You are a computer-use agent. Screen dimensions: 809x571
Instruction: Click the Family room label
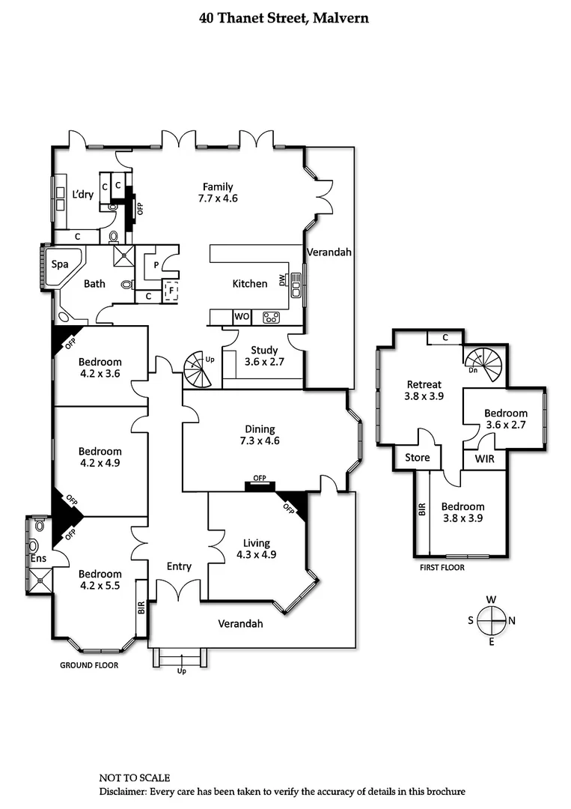pyautogui.click(x=217, y=187)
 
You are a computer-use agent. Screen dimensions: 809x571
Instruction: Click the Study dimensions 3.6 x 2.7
pyautogui.click(x=264, y=362)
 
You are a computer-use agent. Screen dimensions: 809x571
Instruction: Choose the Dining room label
pyautogui.click(x=259, y=429)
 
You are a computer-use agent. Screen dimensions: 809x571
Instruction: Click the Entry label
pyautogui.click(x=179, y=566)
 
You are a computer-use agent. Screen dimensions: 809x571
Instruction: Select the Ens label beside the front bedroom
pyautogui.click(x=37, y=558)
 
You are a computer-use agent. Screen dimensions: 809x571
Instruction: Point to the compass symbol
pyautogui.click(x=491, y=620)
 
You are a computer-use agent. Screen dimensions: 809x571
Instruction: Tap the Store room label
pyautogui.click(x=417, y=457)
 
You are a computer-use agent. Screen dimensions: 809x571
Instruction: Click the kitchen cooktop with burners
pyautogui.click(x=271, y=318)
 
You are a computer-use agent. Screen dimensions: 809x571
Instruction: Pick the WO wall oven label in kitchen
pyautogui.click(x=242, y=317)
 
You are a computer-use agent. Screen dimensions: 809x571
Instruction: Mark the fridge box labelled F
pyautogui.click(x=171, y=290)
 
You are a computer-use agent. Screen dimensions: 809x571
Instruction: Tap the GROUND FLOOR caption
pyautogui.click(x=88, y=665)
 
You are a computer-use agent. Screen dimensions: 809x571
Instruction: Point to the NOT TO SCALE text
pyautogui.click(x=135, y=778)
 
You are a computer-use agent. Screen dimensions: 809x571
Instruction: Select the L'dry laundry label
pyautogui.click(x=82, y=194)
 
